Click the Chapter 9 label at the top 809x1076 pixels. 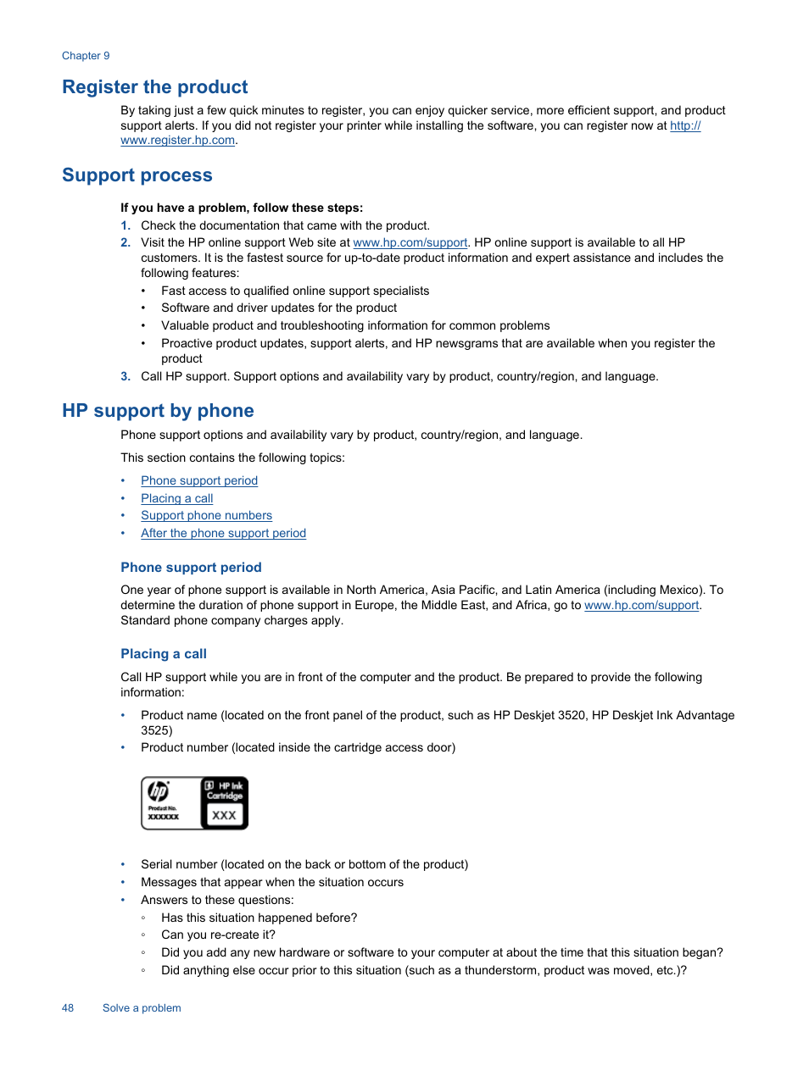tap(86, 56)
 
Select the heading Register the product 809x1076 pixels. tap(155, 87)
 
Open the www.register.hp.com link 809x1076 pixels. tap(177, 141)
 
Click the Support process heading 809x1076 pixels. tap(137, 175)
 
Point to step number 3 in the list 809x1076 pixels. tap(126, 377)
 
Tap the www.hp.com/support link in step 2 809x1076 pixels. tap(410, 243)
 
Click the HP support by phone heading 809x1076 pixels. tap(158, 411)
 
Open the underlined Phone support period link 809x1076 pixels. tap(199, 481)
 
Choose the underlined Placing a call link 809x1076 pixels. tap(176, 499)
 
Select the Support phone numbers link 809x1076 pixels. tap(206, 516)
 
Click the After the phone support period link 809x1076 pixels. tap(223, 534)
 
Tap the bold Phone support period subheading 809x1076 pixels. tap(191, 568)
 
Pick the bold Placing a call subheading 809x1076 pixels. tap(164, 654)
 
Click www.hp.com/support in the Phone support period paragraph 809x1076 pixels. tap(641, 606)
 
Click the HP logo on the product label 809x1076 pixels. tap(159, 791)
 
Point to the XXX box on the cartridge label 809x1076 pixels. tap(224, 815)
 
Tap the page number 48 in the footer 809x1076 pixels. tap(68, 1008)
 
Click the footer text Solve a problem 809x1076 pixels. tap(142, 1008)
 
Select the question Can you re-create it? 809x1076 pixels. tap(218, 935)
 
